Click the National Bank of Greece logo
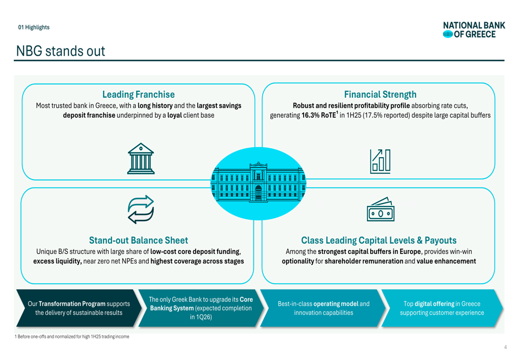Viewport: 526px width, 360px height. pyautogui.click(x=474, y=30)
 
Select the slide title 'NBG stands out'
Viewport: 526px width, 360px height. pyautogui.click(x=60, y=52)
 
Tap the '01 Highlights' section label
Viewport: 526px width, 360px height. pyautogui.click(x=34, y=27)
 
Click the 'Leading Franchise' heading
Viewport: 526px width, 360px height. pyautogui.click(x=138, y=95)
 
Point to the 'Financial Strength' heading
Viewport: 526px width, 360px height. pyautogui.click(x=380, y=95)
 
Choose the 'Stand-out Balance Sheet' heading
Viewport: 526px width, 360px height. pyautogui.click(x=138, y=240)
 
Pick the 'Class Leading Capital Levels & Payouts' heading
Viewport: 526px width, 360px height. pyautogui.click(x=379, y=240)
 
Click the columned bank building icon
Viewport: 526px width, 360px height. pyautogui.click(x=141, y=159)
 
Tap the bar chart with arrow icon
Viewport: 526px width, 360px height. pyautogui.click(x=380, y=161)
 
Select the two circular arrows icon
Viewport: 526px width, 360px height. pyautogui.click(x=140, y=210)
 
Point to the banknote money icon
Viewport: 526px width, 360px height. pyautogui.click(x=380, y=209)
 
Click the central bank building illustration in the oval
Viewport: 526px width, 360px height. pyautogui.click(x=258, y=183)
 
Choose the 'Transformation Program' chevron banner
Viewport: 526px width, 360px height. pyautogui.click(x=78, y=308)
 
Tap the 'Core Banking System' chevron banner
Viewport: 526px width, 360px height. pyautogui.click(x=200, y=308)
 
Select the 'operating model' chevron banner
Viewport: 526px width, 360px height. pyautogui.click(x=323, y=308)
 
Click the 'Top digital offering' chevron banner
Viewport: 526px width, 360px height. pyautogui.click(x=442, y=308)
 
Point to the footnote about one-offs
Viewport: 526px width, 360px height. pyautogui.click(x=72, y=336)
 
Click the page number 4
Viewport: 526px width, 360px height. pyautogui.click(x=505, y=347)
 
